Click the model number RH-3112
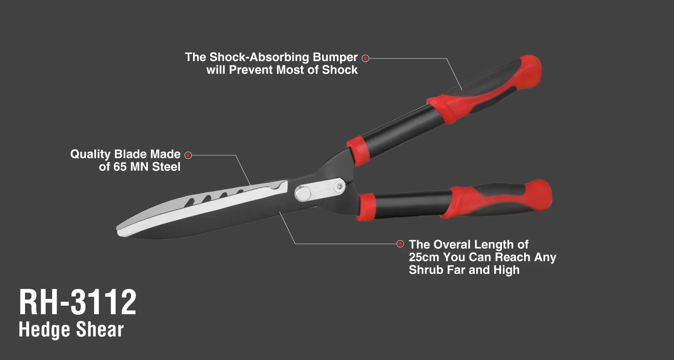coord(78,302)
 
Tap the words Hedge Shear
coord(71,330)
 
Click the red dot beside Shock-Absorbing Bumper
coord(365,58)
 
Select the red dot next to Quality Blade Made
coord(188,155)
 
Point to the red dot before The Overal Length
coord(400,244)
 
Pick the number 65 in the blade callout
coord(120,167)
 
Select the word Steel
coord(166,167)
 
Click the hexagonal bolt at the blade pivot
coord(302,193)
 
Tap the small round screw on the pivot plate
coord(340,187)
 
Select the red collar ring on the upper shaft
coord(358,151)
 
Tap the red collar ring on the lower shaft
coord(366,207)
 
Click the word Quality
coord(90,155)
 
